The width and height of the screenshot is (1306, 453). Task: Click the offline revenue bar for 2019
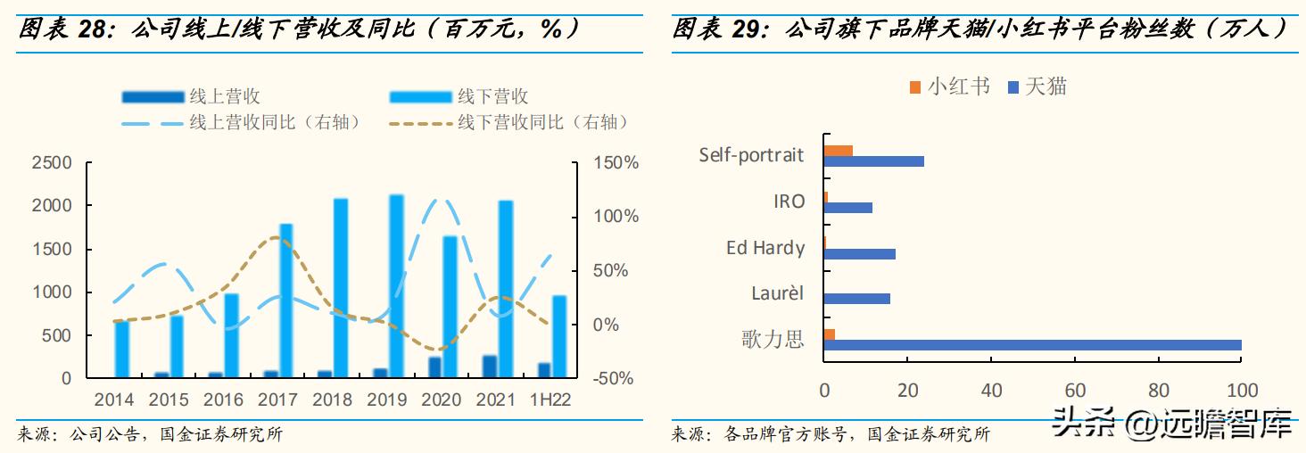[396, 285]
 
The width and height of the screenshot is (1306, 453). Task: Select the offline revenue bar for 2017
[286, 301]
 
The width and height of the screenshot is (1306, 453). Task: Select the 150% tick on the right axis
[617, 163]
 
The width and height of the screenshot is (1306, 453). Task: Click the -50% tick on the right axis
[615, 379]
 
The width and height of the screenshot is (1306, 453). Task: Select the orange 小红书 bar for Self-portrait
[838, 150]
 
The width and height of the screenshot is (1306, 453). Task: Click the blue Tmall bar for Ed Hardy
[859, 254]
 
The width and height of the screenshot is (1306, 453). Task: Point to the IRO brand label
[789, 202]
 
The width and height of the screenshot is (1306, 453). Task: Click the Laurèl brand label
[777, 292]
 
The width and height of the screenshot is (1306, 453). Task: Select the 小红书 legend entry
[958, 86]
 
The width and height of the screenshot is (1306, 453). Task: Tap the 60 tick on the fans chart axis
[1074, 391]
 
